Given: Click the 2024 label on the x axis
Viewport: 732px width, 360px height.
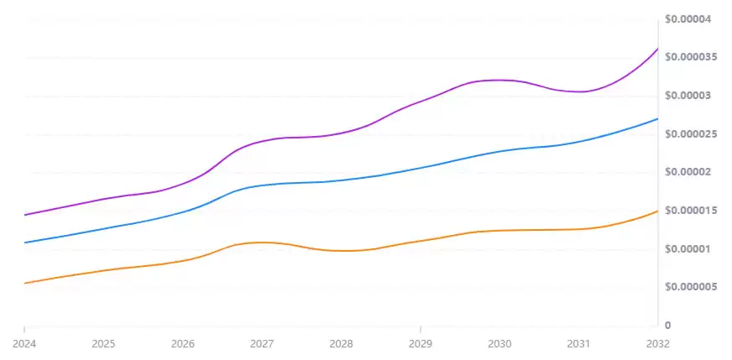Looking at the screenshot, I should click(x=24, y=344).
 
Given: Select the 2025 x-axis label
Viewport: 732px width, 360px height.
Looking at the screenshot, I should click(x=103, y=344).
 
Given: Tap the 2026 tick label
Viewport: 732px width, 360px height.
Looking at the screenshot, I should click(x=182, y=344).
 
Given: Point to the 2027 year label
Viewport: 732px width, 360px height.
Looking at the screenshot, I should click(x=262, y=344).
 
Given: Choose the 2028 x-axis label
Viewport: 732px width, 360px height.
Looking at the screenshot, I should click(x=341, y=344).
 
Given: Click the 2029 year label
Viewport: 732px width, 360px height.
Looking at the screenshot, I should click(x=420, y=344).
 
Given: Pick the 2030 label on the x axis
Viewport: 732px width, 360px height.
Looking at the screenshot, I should click(x=499, y=344).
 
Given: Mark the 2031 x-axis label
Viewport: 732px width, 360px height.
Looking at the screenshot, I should click(x=578, y=344).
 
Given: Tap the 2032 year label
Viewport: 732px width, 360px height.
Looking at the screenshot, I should click(x=657, y=344).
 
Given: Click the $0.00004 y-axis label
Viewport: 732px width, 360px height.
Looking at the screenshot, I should click(x=688, y=19).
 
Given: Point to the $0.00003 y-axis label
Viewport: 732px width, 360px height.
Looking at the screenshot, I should click(x=688, y=96).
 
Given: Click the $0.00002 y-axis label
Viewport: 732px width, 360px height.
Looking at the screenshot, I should click(x=688, y=172).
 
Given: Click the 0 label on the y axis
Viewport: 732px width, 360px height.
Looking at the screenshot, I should click(x=667, y=326).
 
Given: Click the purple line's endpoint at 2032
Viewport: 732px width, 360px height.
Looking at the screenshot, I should click(x=657, y=49).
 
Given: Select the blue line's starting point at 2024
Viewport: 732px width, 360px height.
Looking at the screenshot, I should click(x=24, y=243).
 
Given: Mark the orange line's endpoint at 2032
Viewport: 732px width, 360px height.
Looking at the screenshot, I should click(x=657, y=211).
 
